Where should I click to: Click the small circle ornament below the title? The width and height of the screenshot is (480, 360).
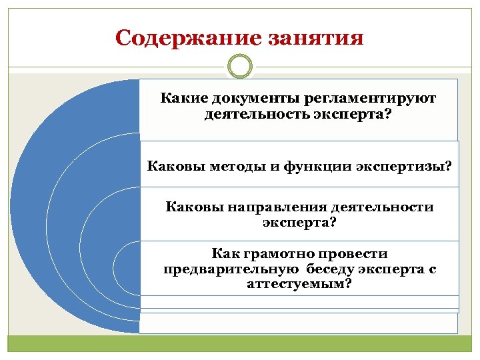pyautogui.click(x=240, y=67)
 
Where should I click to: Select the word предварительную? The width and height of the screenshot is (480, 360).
pyautogui.click(x=232, y=269)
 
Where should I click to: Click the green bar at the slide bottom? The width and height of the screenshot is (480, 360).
pyautogui.click(x=240, y=343)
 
